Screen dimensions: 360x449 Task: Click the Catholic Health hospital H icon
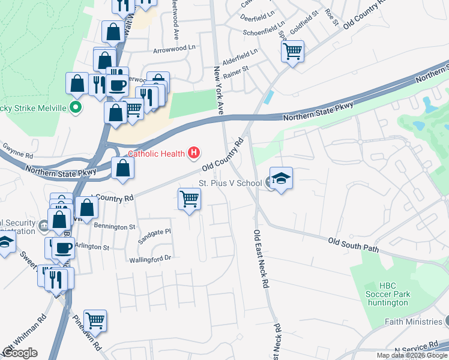point(193,154)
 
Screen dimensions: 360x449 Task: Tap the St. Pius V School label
point(230,183)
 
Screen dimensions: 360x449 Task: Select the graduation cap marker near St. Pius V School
point(281,179)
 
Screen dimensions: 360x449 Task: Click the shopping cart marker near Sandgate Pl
point(189,199)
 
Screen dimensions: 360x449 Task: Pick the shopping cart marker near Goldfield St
point(292,52)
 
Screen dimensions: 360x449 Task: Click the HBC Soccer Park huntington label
point(387,294)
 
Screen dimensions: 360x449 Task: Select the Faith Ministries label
point(412,322)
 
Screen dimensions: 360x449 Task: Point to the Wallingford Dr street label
point(150,259)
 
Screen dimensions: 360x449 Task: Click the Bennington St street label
point(115,227)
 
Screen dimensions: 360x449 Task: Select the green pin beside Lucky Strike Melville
point(75,109)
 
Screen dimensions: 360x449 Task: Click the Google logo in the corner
point(20,353)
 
